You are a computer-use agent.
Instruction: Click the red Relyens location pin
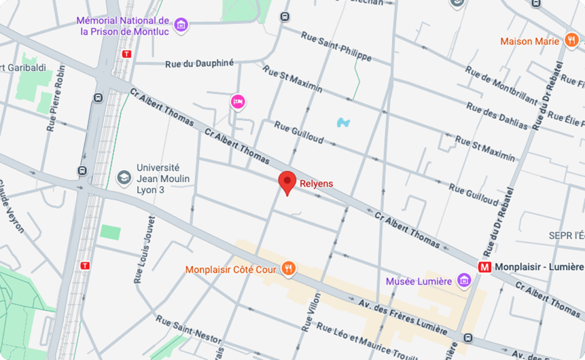287,181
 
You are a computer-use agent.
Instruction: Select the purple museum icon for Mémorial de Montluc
182,25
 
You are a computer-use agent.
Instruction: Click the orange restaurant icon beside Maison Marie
571,40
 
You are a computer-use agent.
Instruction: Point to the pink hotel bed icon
238,102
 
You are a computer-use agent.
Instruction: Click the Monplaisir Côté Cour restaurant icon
289,269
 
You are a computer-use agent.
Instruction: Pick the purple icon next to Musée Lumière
464,281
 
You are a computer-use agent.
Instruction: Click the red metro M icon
485,267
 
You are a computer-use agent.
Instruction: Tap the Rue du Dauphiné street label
199,63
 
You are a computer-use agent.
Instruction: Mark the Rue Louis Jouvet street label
143,249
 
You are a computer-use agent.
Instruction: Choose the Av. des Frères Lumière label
403,318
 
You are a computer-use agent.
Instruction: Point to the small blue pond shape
343,122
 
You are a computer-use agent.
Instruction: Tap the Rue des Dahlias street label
497,115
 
